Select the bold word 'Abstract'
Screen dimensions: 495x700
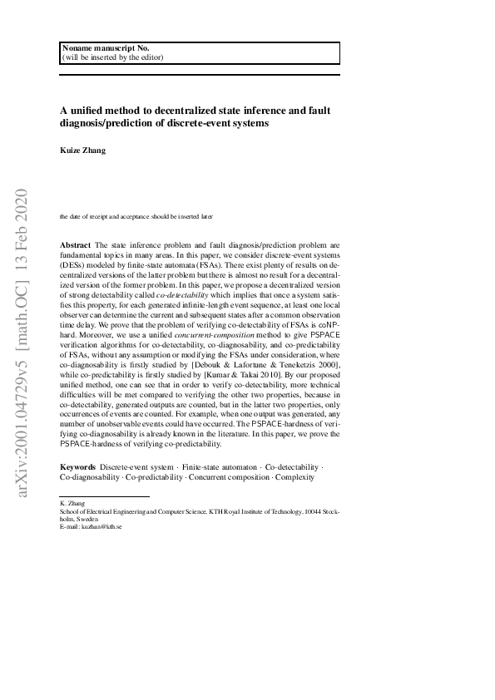point(76,245)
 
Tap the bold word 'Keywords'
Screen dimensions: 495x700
point(78,468)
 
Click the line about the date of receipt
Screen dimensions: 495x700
point(136,216)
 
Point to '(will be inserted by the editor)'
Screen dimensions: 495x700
point(113,57)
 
